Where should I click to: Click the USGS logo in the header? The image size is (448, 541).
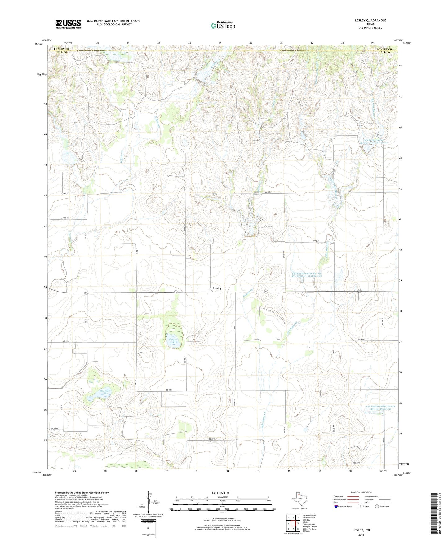(x=68, y=24)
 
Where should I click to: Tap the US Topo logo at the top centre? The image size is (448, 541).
(x=223, y=26)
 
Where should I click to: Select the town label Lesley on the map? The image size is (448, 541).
(x=217, y=288)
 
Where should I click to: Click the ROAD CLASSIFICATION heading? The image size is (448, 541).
(x=361, y=492)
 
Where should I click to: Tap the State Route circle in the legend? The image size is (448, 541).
(x=377, y=506)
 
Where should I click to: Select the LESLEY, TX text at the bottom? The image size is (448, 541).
(x=361, y=530)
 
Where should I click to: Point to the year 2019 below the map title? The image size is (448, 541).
(x=361, y=535)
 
